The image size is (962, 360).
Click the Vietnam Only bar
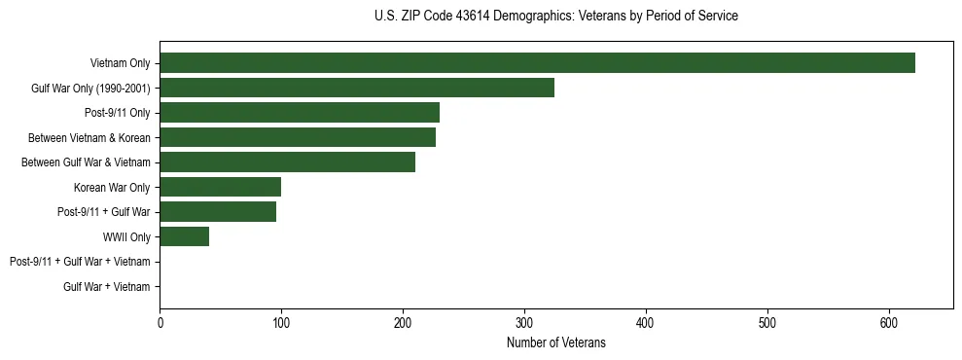537,63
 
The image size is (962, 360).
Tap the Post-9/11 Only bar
300,113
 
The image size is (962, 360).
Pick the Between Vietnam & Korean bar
298,137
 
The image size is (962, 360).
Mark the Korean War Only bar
220,187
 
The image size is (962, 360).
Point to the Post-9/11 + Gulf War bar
218,212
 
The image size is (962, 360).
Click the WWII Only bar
184,236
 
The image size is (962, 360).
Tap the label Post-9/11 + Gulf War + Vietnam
80,262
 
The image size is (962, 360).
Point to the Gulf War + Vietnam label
107,286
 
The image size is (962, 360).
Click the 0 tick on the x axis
160,323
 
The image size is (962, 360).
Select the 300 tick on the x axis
524,323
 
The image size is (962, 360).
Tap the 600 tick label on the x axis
889,323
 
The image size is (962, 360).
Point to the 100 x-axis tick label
281,323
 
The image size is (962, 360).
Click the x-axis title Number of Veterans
555,343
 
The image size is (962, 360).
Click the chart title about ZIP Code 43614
555,17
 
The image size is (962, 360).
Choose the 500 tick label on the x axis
767,323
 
